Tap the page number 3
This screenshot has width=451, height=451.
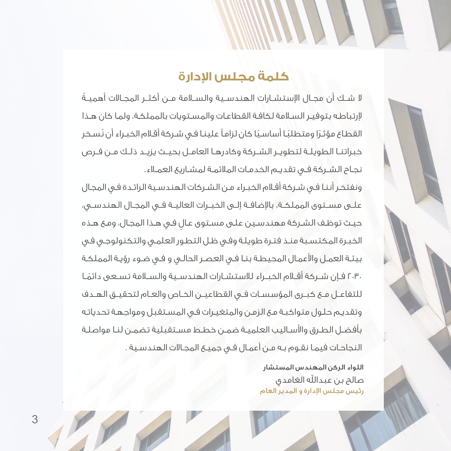(35, 419)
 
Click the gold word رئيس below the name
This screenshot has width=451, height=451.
(356, 391)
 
